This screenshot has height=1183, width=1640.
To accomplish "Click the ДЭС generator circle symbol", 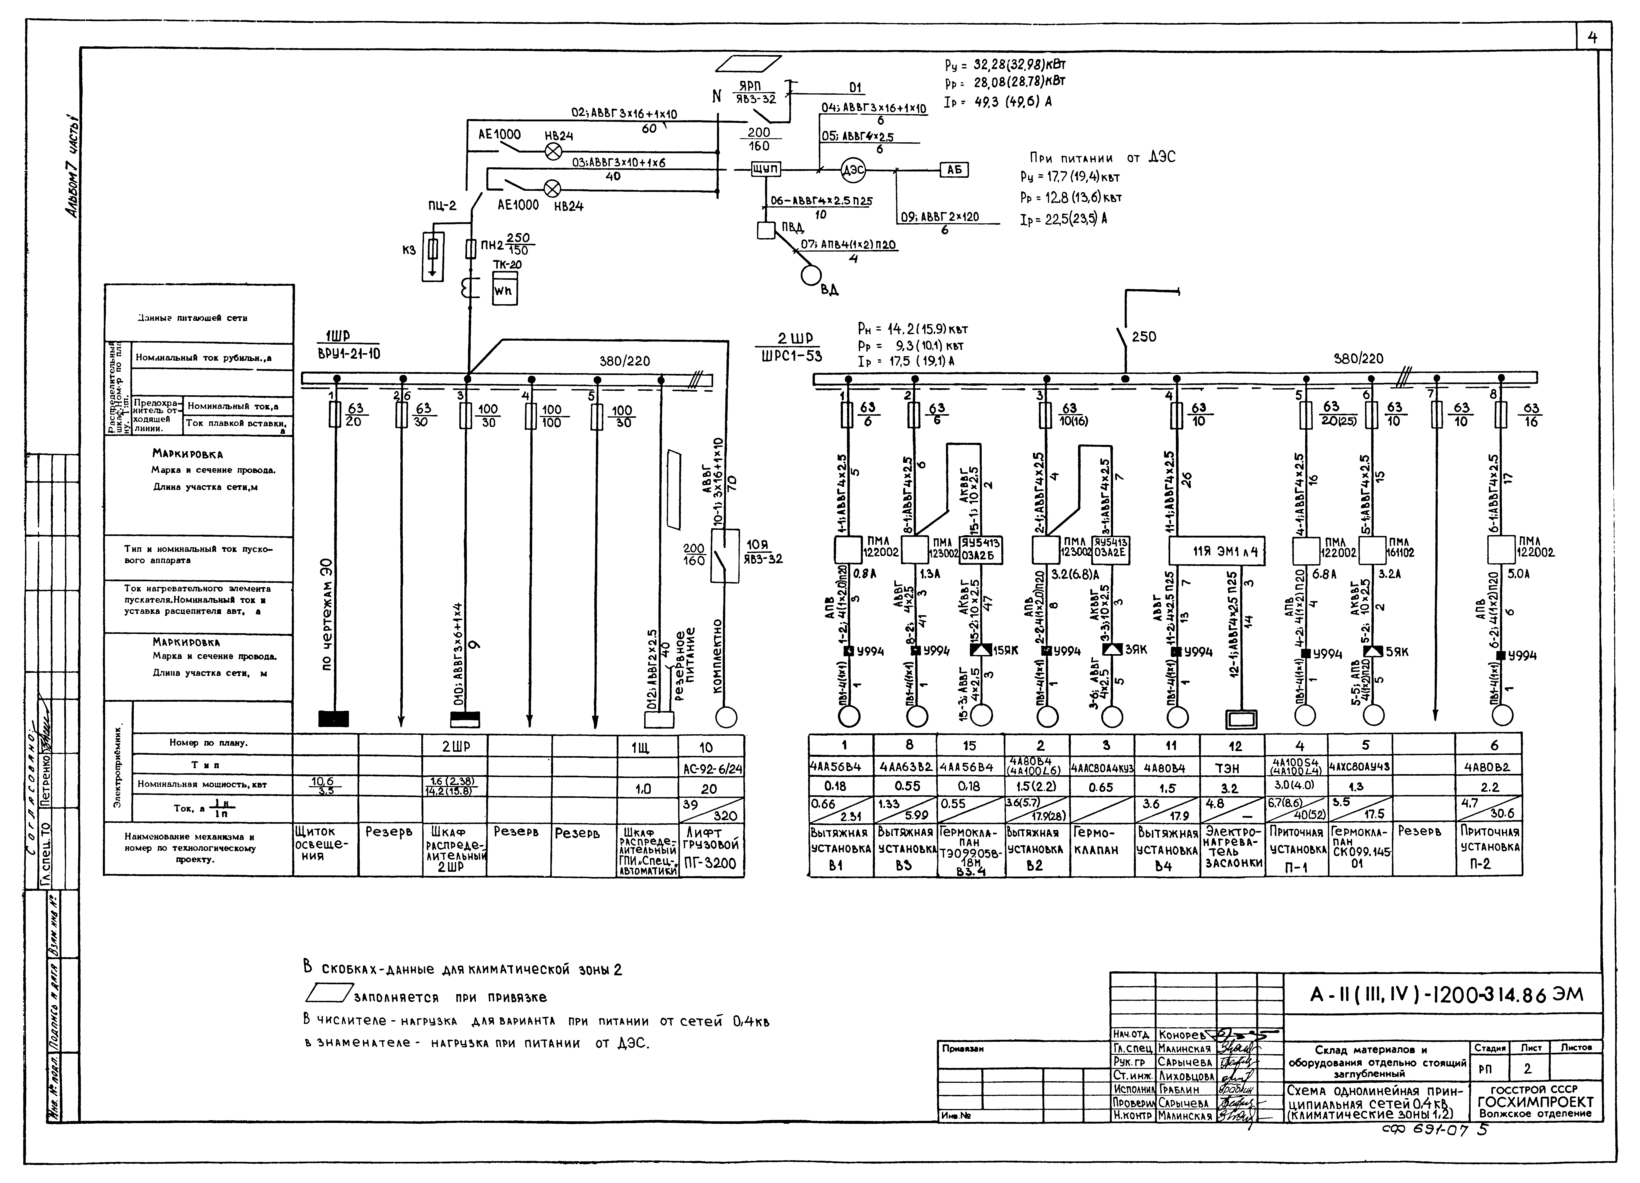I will point(853,171).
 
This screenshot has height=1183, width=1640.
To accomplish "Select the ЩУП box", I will point(766,169).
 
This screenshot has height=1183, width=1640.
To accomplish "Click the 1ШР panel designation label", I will point(337,336).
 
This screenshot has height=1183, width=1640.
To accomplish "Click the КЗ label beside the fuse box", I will point(409,250).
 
